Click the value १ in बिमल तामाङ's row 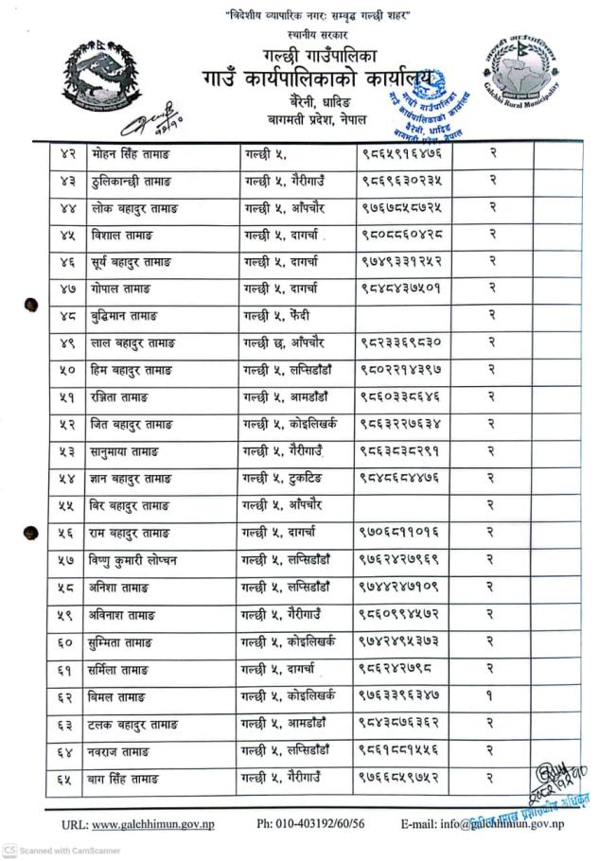tap(491, 697)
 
